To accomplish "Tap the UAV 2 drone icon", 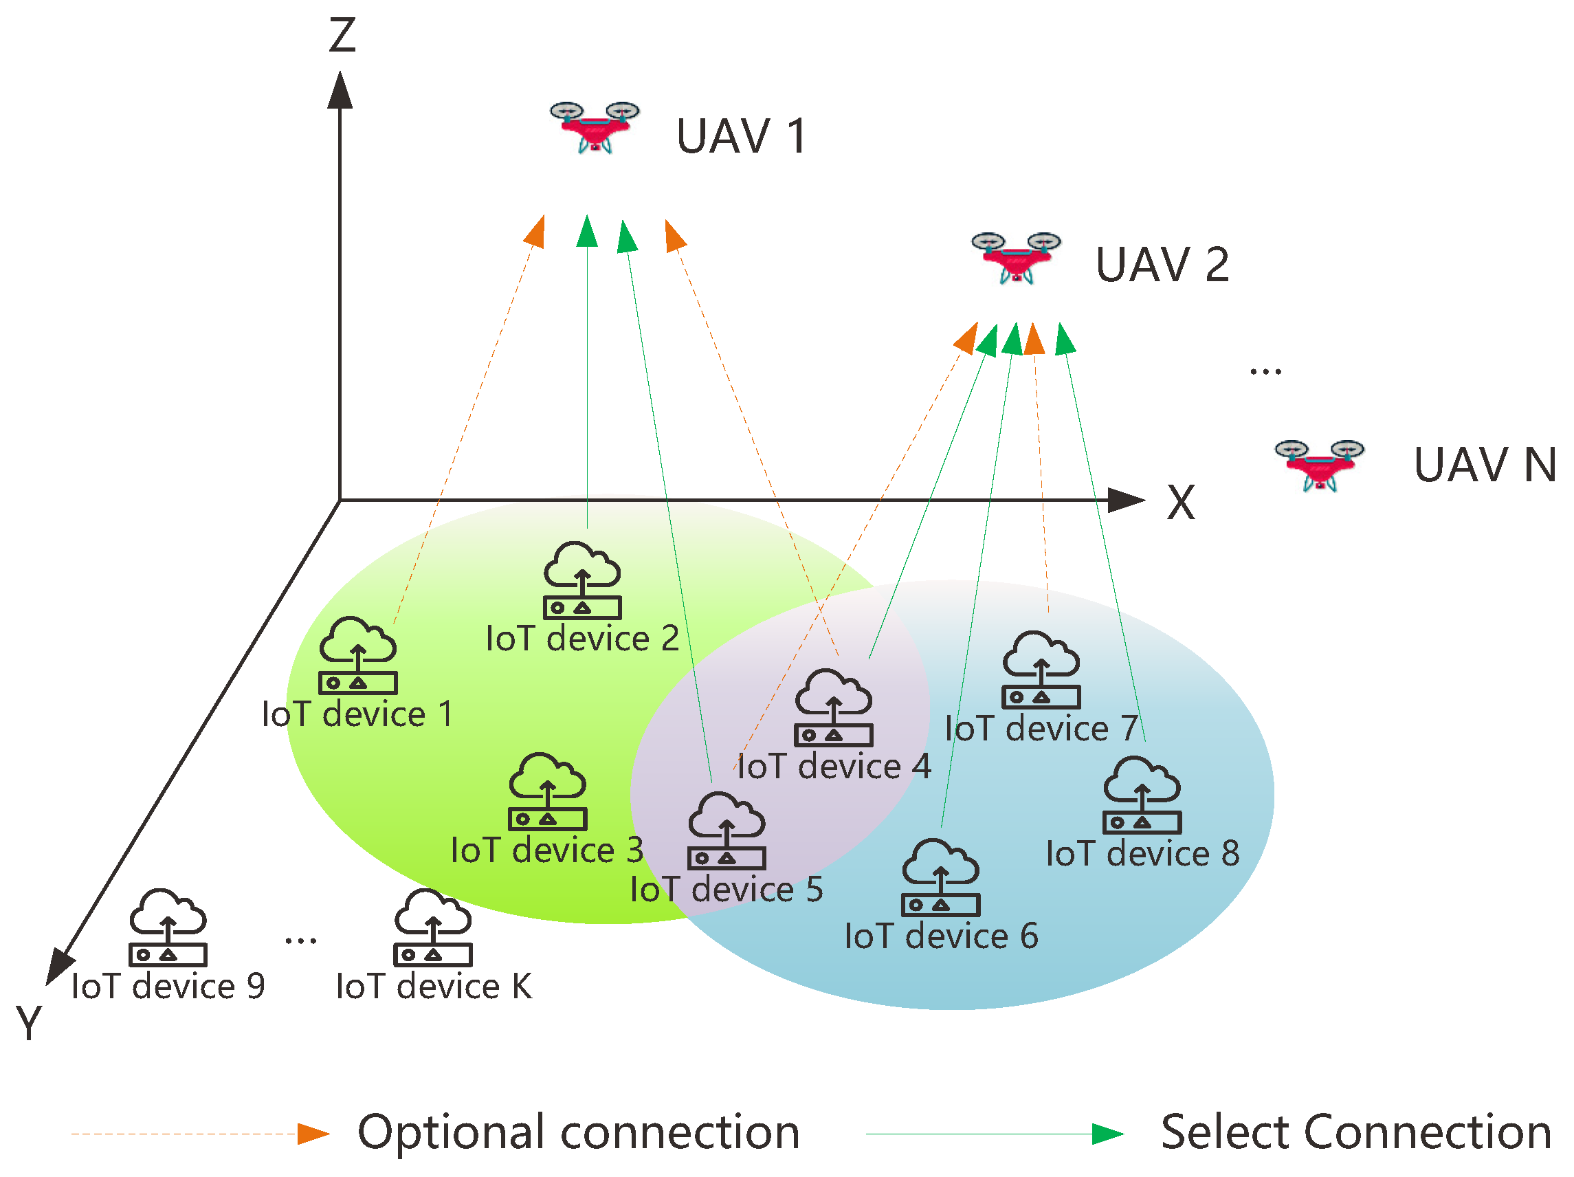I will (1015, 258).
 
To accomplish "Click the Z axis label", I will (342, 36).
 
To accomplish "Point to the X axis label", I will (1181, 503).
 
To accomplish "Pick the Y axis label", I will (28, 1024).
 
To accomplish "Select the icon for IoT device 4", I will (833, 707).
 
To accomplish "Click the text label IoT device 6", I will (941, 936).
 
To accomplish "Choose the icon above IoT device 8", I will (1142, 795).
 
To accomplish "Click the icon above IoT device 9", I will (168, 927).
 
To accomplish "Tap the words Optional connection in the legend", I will (579, 1132).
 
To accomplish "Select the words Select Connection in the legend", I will (1355, 1132).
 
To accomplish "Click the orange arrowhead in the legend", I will (312, 1134).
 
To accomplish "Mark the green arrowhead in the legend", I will (1107, 1134).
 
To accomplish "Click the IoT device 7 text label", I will (1041, 729).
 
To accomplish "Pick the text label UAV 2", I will (1162, 265).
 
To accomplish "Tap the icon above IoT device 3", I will (547, 791).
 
